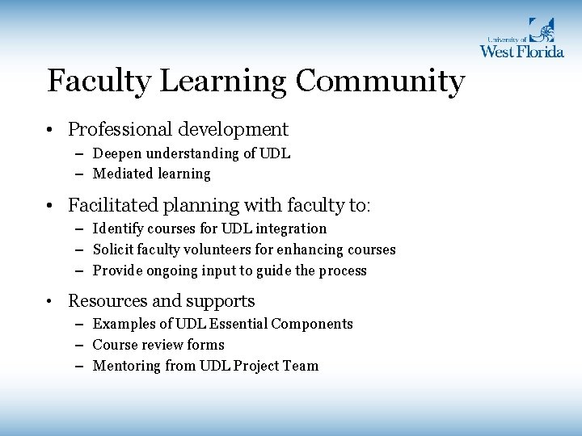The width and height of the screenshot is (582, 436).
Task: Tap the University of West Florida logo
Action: click(x=521, y=39)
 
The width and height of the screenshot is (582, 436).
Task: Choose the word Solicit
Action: click(x=113, y=249)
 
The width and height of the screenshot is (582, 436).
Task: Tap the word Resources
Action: click(x=106, y=301)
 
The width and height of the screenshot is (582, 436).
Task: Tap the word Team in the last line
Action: click(x=301, y=366)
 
